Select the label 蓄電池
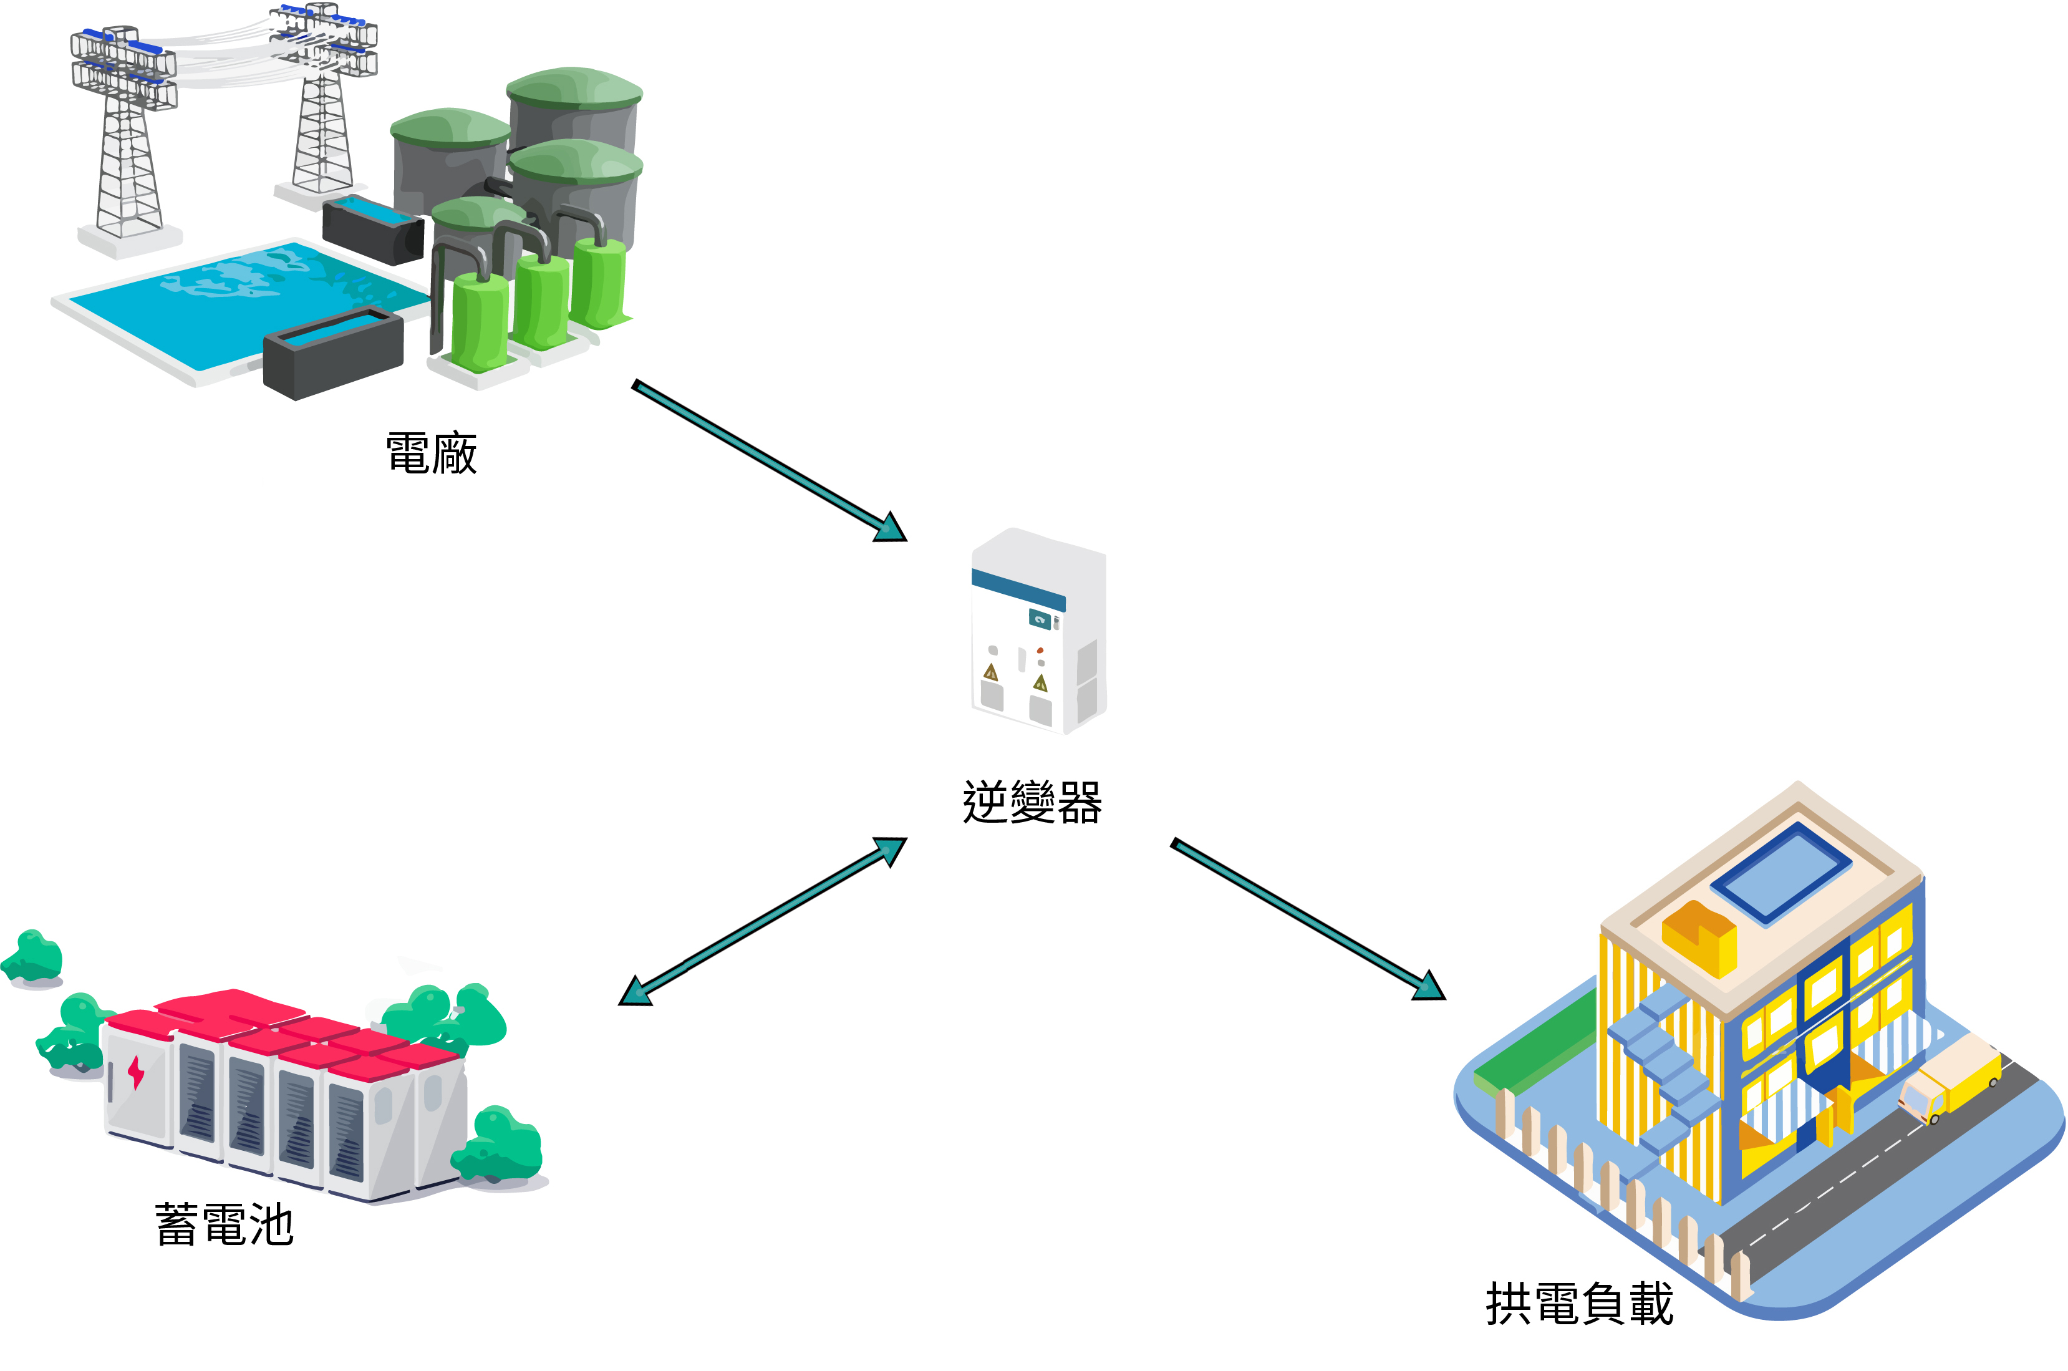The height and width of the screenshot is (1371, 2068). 224,1224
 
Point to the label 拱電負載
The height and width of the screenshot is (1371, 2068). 1578,1304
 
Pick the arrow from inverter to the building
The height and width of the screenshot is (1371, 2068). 1307,918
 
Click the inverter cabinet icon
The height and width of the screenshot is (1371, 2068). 1038,631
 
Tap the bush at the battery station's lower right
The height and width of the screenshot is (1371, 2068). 500,1145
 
